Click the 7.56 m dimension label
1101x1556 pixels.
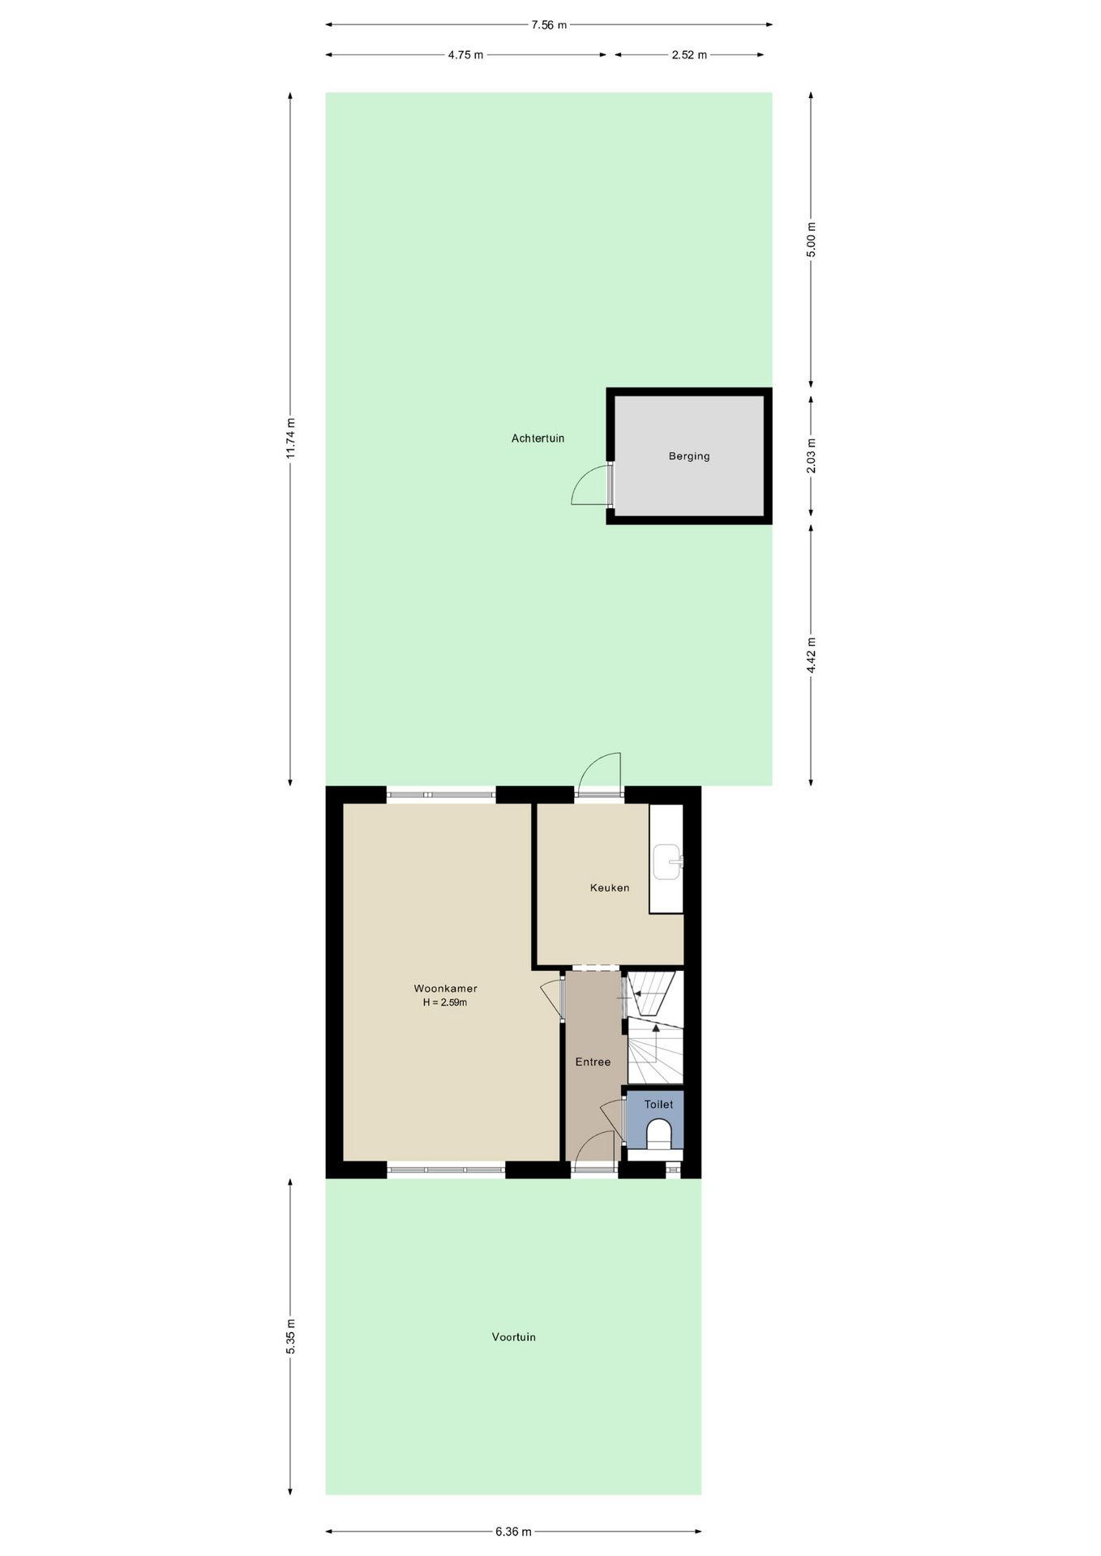[549, 24]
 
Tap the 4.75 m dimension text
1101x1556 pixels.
[465, 55]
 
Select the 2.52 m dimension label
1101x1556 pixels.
[689, 55]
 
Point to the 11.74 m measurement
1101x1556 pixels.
[291, 438]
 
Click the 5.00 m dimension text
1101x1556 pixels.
[812, 239]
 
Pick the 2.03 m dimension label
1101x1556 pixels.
[812, 455]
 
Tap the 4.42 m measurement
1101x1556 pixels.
[812, 655]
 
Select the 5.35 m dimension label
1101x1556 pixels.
[291, 1336]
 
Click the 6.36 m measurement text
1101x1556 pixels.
[513, 1532]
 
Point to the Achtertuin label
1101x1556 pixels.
[538, 438]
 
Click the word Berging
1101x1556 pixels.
[689, 456]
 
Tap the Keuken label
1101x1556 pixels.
[610, 887]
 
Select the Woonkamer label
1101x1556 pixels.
[445, 989]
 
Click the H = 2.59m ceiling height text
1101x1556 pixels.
[445, 1002]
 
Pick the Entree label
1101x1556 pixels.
[593, 1062]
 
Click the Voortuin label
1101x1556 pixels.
[513, 1337]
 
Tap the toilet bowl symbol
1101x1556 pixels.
[658, 1134]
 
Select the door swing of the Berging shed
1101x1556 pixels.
[589, 486]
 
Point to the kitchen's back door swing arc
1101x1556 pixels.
[600, 770]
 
